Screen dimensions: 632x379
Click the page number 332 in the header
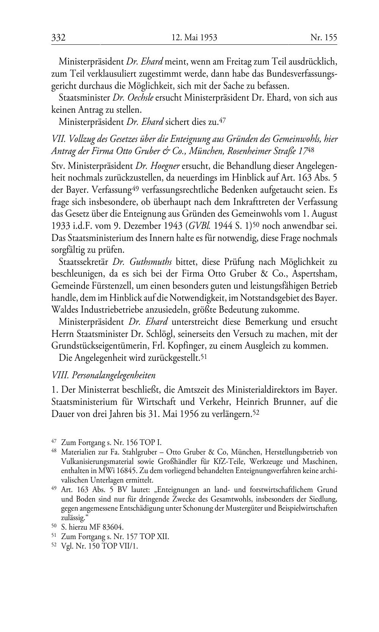point(59,38)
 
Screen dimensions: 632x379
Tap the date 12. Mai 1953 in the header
point(194,38)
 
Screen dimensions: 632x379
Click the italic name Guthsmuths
point(150,262)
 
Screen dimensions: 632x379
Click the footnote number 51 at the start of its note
point(53,536)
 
